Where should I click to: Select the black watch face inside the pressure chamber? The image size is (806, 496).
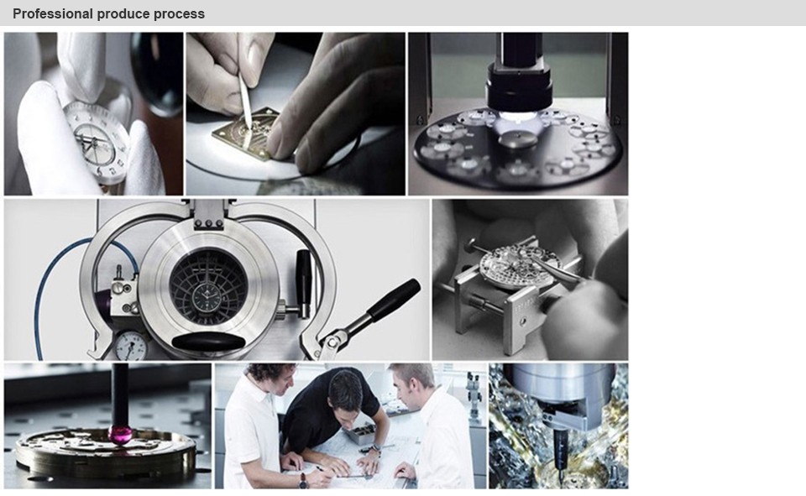point(207,296)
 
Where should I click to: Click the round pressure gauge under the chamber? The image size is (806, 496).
point(130,346)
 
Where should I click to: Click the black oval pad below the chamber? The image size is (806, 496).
point(208,342)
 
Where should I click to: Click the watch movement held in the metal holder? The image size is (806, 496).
point(518,265)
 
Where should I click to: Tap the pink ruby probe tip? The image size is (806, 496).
point(120,436)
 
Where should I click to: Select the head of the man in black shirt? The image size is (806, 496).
point(345,390)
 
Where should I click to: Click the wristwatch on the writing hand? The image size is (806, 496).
point(303,480)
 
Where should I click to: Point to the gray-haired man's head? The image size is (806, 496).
point(413,382)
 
